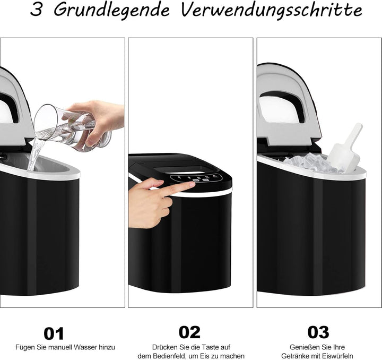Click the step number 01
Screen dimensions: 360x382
(53, 333)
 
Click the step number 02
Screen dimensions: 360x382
(189, 332)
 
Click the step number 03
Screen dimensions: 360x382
(318, 332)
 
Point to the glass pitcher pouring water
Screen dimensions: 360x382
(64, 126)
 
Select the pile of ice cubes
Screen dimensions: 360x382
(310, 163)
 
